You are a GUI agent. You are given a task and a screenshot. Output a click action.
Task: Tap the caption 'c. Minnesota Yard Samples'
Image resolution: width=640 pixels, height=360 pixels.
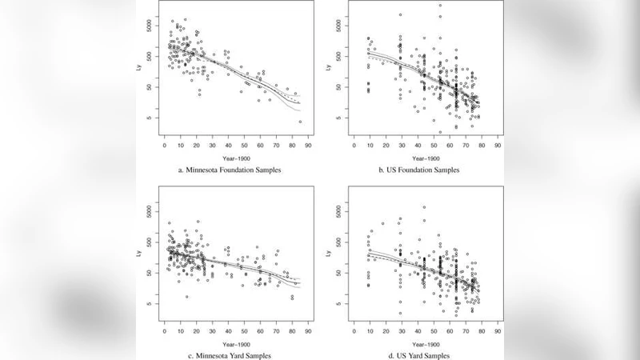(x=227, y=355)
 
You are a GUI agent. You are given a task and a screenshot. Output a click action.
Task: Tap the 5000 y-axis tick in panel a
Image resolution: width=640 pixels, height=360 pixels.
(x=152, y=26)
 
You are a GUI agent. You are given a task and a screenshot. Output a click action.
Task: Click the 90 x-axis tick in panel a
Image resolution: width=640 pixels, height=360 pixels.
(x=308, y=146)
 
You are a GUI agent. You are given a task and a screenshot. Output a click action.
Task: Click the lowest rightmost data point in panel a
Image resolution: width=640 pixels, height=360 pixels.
(x=300, y=122)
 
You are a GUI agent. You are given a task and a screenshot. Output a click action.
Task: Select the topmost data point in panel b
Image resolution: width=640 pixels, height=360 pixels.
(x=440, y=6)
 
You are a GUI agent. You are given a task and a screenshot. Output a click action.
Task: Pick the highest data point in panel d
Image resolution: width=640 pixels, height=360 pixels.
(x=424, y=207)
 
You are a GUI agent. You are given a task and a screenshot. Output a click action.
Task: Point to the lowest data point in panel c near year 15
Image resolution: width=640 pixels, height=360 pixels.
(x=187, y=297)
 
